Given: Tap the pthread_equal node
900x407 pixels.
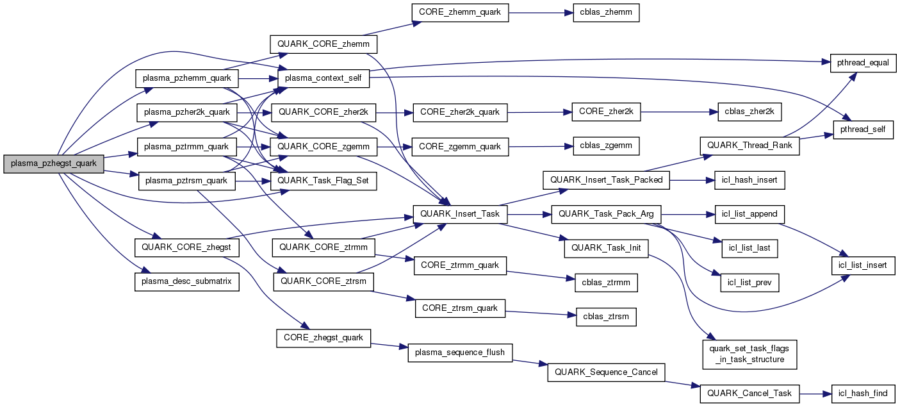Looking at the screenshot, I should [863, 62].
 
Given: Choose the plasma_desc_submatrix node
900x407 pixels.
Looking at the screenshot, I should [187, 282].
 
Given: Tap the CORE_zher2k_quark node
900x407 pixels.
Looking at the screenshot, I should [460, 112].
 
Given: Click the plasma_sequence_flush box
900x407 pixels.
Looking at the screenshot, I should [460, 353].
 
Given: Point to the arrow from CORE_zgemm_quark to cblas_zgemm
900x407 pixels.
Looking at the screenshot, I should [536, 146].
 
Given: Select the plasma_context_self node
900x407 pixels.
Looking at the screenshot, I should [323, 79].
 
